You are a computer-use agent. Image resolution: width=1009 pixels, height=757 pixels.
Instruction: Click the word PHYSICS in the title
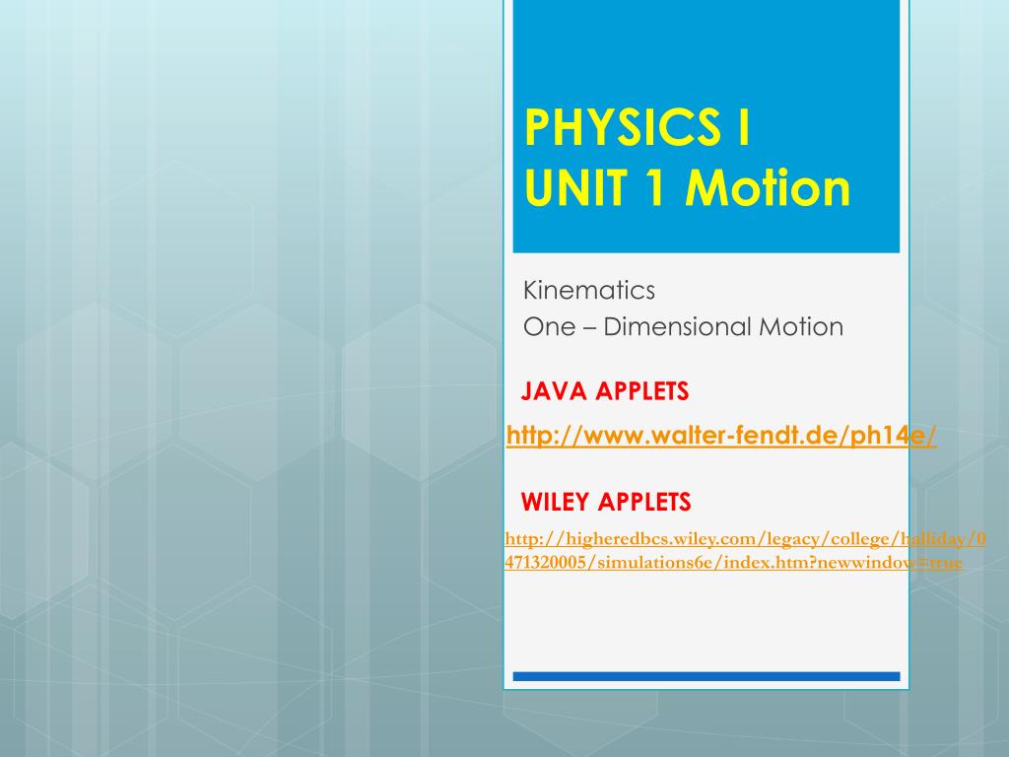click(x=623, y=127)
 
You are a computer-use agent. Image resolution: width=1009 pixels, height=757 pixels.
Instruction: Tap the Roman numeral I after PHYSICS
click(x=743, y=127)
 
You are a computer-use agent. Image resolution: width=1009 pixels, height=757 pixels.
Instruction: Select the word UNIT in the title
click(x=575, y=188)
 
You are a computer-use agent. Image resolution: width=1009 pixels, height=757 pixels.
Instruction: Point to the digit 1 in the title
click(x=654, y=188)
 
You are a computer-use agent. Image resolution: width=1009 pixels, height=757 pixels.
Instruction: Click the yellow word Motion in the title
click(x=768, y=188)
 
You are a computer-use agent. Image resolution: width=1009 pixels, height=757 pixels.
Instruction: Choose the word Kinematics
click(x=589, y=291)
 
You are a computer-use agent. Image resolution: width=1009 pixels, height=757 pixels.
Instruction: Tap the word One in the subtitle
click(x=549, y=327)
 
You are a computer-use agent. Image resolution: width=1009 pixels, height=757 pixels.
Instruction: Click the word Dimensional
click(x=678, y=327)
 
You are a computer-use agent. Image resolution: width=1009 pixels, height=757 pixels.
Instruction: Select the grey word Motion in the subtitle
click(x=801, y=327)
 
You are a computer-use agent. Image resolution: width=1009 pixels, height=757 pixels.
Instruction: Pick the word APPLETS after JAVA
click(x=641, y=391)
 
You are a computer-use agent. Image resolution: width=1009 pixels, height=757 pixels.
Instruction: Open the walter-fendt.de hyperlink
click(x=720, y=436)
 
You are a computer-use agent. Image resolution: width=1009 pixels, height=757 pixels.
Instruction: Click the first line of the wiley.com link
click(x=745, y=539)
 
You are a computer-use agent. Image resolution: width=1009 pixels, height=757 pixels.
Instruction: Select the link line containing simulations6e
click(x=733, y=563)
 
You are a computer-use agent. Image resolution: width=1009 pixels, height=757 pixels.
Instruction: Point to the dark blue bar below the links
click(x=706, y=676)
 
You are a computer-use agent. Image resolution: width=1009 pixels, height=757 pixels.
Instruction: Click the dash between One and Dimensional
click(x=589, y=327)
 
